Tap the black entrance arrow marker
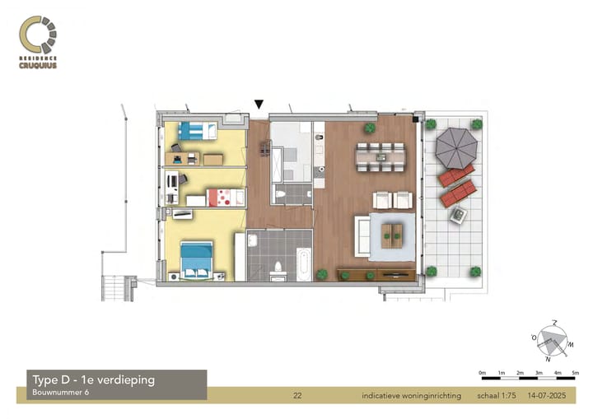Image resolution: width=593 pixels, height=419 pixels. [x=259, y=105]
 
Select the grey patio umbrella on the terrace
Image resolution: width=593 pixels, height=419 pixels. [x=455, y=147]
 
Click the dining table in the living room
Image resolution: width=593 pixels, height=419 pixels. [x=380, y=155]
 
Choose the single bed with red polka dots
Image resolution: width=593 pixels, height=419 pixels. [x=224, y=197]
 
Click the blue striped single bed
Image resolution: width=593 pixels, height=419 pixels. [x=198, y=129]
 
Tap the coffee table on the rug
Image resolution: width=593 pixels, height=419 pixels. [x=393, y=235]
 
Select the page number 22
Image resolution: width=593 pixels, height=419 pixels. [x=298, y=397]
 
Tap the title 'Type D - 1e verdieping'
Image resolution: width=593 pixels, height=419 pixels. [x=92, y=379]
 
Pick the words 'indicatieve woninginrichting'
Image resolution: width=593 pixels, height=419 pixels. [x=412, y=397]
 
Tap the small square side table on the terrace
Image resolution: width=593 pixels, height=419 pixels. [x=457, y=216]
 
